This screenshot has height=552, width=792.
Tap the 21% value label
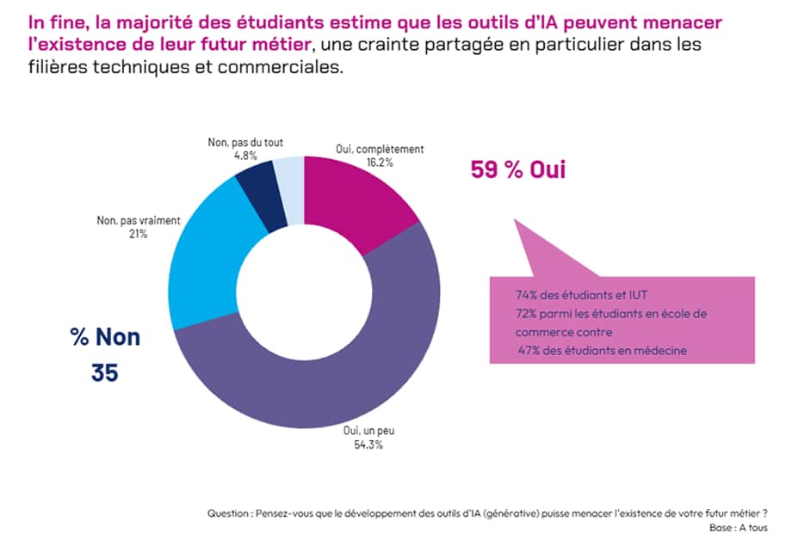(x=138, y=234)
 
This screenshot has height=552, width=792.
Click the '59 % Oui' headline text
(x=517, y=169)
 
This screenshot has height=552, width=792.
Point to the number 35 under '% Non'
(x=104, y=374)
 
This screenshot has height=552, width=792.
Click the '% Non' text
(x=105, y=337)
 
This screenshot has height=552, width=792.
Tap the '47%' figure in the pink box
(x=528, y=349)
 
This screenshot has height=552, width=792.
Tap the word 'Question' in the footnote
(x=229, y=512)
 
